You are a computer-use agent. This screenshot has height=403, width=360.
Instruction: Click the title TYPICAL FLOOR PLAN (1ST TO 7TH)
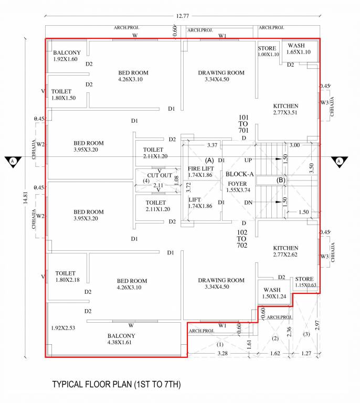[x=116, y=385]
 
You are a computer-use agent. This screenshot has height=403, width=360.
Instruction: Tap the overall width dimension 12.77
[x=182, y=16]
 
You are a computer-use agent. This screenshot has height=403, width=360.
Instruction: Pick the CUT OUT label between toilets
[x=159, y=175]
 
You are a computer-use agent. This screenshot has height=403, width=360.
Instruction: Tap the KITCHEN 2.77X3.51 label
[x=285, y=109]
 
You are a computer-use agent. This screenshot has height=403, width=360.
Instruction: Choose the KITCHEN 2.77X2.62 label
[x=285, y=251]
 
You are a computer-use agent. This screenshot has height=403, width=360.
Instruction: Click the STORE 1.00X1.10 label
[x=268, y=51]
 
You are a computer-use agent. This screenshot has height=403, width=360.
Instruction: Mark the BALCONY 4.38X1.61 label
[x=121, y=339]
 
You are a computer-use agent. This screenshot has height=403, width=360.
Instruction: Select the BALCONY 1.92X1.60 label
[x=67, y=56]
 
